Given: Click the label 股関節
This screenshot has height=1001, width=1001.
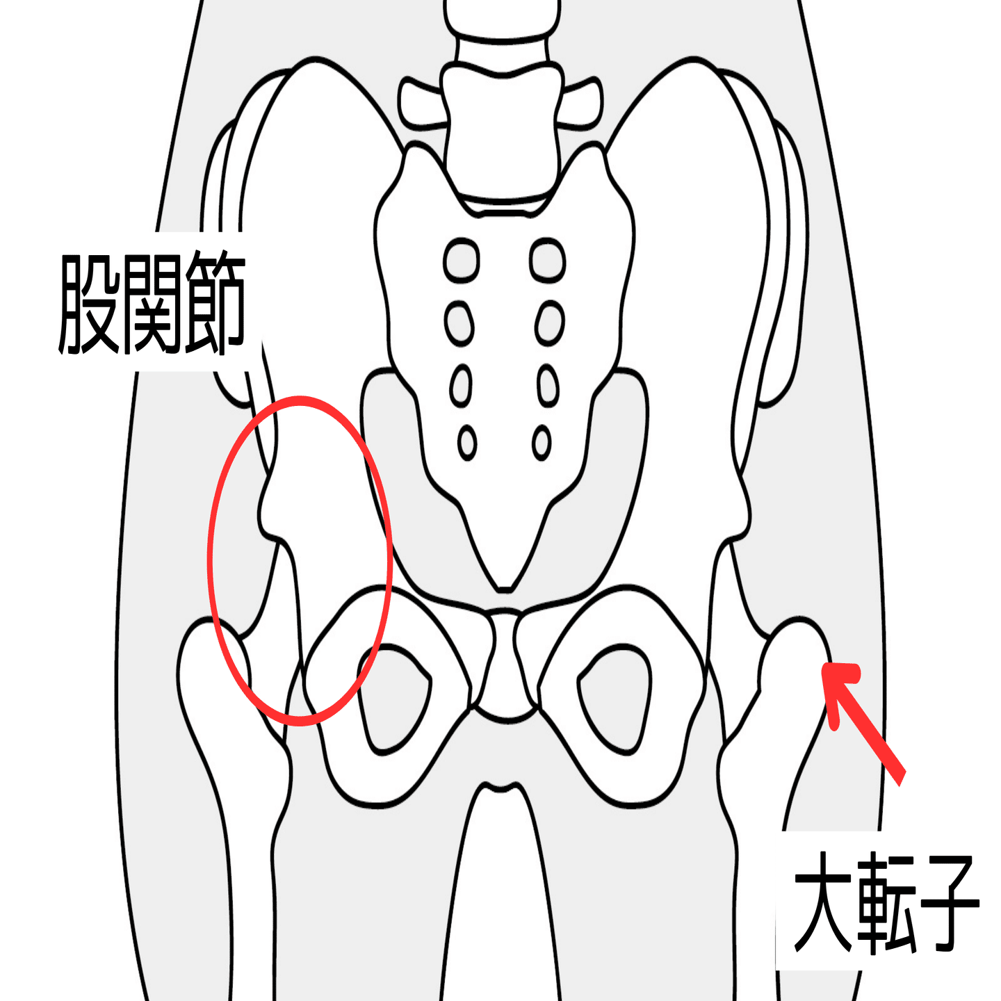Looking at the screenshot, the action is click(152, 303).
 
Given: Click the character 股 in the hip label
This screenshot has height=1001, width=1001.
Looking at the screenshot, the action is click(89, 303).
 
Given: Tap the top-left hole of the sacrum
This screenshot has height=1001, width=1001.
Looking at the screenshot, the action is click(461, 260).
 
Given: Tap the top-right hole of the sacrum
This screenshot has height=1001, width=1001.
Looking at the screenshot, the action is click(547, 260).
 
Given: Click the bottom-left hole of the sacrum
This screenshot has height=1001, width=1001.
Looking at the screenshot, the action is click(467, 442).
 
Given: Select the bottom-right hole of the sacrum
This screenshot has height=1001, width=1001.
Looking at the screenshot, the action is click(542, 442).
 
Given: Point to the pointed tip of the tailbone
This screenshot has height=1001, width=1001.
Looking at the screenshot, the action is click(505, 588).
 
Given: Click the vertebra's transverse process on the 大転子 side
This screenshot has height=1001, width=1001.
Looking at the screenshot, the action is click(580, 104).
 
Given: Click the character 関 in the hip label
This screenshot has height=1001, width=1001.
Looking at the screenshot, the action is click(152, 303).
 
